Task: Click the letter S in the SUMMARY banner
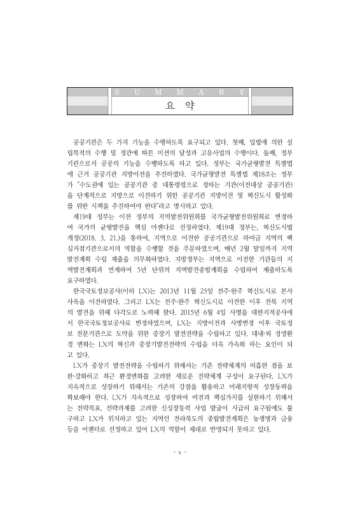click(x=119, y=92)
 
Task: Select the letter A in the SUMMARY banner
click(x=199, y=92)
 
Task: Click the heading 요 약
click(x=180, y=105)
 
